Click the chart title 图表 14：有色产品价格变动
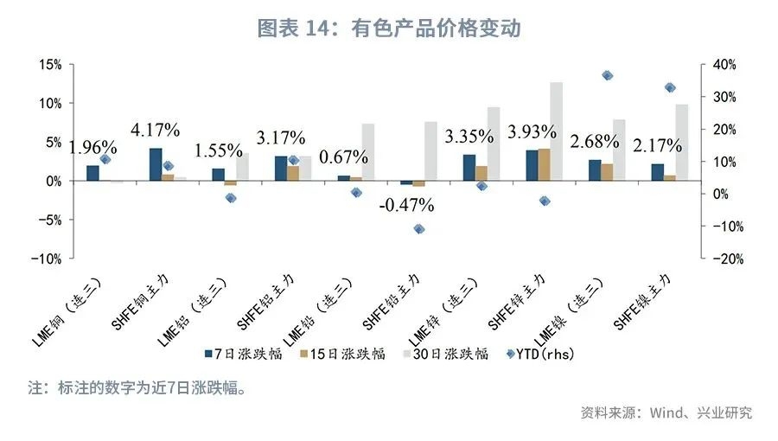(x=389, y=28)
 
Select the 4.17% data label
(x=156, y=131)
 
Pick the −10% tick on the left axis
(x=48, y=259)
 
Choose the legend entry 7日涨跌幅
(x=242, y=354)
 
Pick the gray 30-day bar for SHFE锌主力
(x=557, y=131)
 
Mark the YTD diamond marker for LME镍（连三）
(x=607, y=76)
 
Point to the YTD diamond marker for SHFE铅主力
(x=419, y=229)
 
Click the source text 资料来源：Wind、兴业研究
(x=666, y=412)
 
